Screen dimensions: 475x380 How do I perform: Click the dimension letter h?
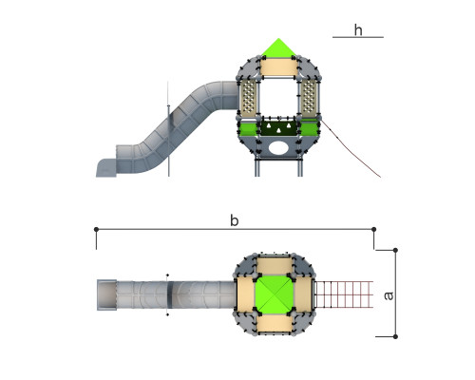click(358, 30)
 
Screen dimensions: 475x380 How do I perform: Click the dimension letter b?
click(234, 220)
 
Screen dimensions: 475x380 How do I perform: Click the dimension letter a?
click(389, 295)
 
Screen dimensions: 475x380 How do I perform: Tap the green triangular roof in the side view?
click(278, 47)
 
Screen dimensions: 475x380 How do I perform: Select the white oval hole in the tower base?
click(278, 148)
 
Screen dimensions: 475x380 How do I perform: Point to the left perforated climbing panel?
click(248, 98)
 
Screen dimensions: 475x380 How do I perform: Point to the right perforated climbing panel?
click(308, 98)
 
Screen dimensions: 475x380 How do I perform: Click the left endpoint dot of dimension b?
click(96, 229)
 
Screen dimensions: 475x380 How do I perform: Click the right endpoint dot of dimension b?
click(373, 229)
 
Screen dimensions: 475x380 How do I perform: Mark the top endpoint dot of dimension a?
click(395, 250)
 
